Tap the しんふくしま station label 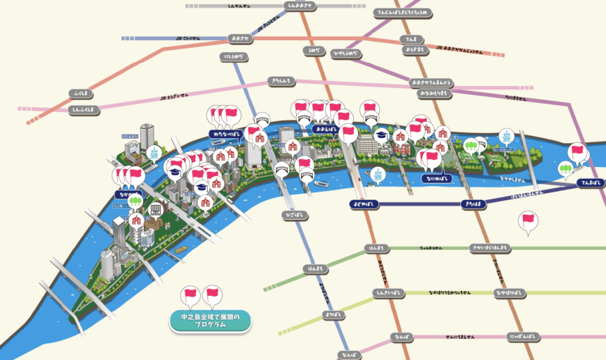84,109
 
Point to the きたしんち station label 280,82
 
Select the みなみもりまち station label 437,93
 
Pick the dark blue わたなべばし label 227,133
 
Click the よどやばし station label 364,204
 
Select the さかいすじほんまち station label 490,248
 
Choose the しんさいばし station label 391,292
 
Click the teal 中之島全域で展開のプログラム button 210,321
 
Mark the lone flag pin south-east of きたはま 527,221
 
